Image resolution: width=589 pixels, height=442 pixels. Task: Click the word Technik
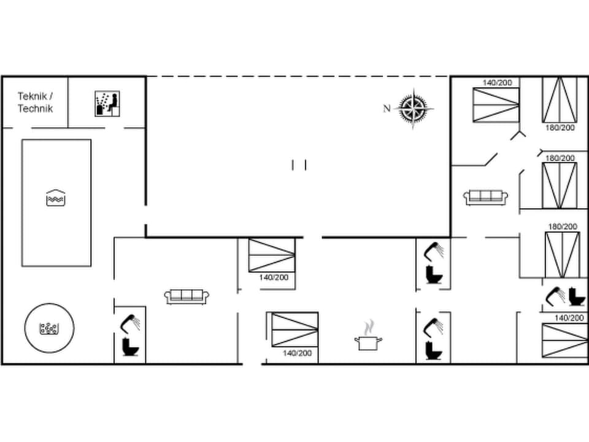coord(35,109)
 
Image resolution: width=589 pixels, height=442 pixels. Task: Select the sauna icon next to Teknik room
coord(107,103)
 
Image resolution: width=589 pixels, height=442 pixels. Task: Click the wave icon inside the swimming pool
coord(56,198)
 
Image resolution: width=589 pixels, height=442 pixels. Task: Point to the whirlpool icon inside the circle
coord(49,328)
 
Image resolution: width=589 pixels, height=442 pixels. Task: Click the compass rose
coord(413,109)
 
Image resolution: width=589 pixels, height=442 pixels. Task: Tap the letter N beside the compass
coord(387,109)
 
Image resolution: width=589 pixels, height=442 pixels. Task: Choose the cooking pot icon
coord(368,343)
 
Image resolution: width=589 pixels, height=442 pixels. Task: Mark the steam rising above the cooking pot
coord(368,325)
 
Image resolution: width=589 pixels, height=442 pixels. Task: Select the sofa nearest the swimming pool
coord(187,296)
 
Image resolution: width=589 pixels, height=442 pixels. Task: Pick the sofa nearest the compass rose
coord(486,197)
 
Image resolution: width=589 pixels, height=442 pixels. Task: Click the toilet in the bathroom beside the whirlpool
coord(131,347)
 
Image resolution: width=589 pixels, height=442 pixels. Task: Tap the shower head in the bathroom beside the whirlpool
coord(131,322)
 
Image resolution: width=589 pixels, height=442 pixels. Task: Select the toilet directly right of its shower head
coord(577,297)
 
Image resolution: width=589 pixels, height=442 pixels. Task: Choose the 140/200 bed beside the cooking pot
coord(294,330)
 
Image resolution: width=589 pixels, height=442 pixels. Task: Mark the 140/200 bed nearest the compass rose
coord(496,104)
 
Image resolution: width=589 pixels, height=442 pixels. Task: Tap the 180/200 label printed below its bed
coord(560,128)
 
